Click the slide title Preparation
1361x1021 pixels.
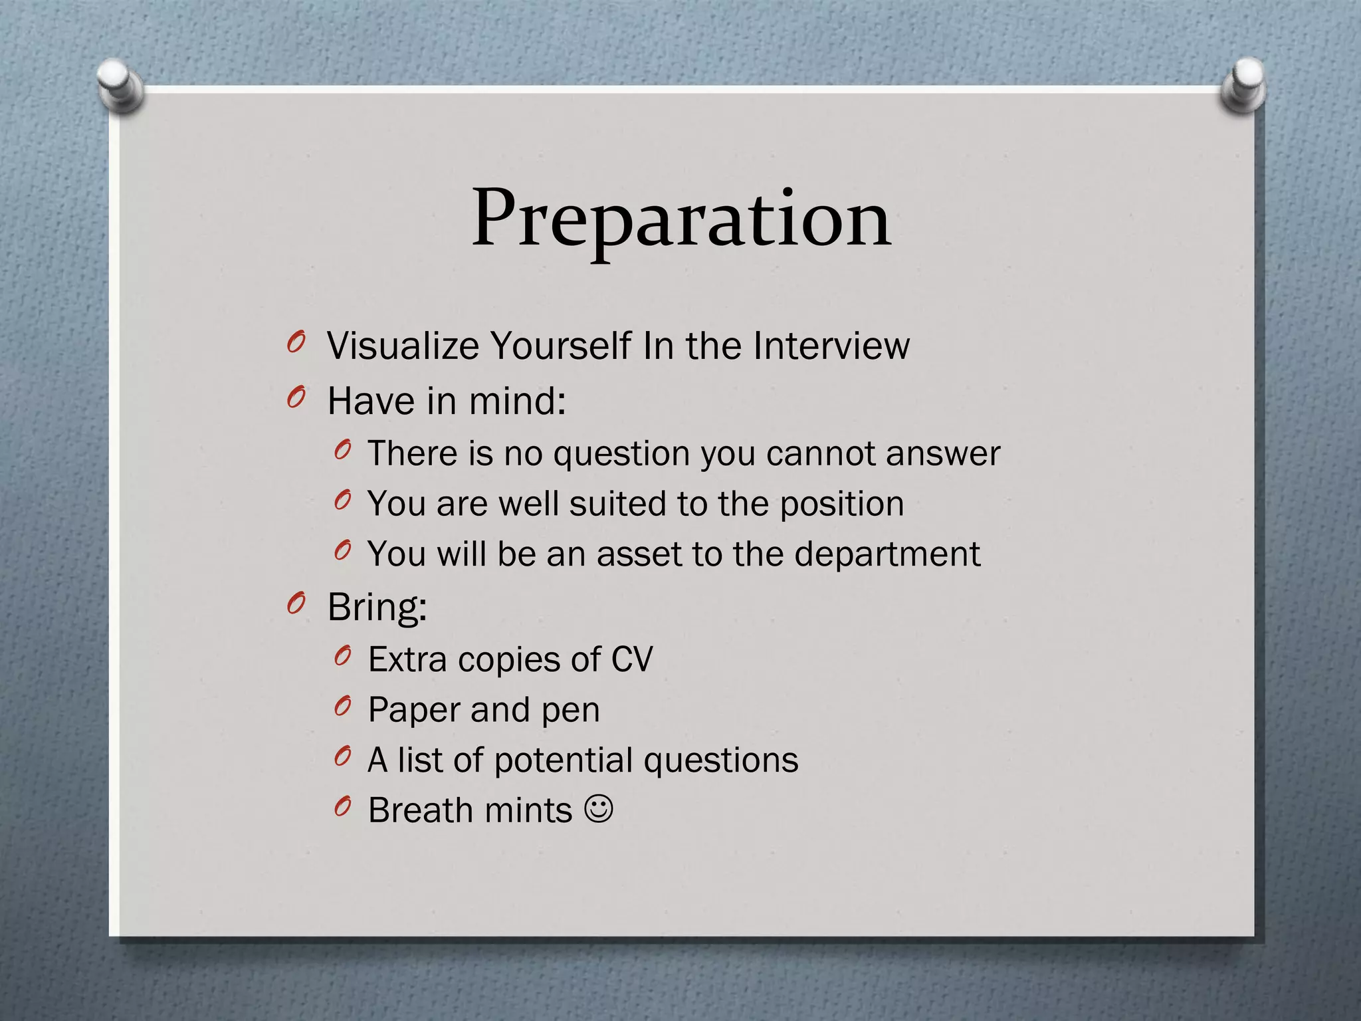(680, 219)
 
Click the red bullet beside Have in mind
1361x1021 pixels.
(296, 398)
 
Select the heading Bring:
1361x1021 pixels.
(377, 608)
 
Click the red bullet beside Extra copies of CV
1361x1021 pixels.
(342, 657)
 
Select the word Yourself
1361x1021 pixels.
(560, 346)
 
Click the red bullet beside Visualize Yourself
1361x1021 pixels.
(296, 343)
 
